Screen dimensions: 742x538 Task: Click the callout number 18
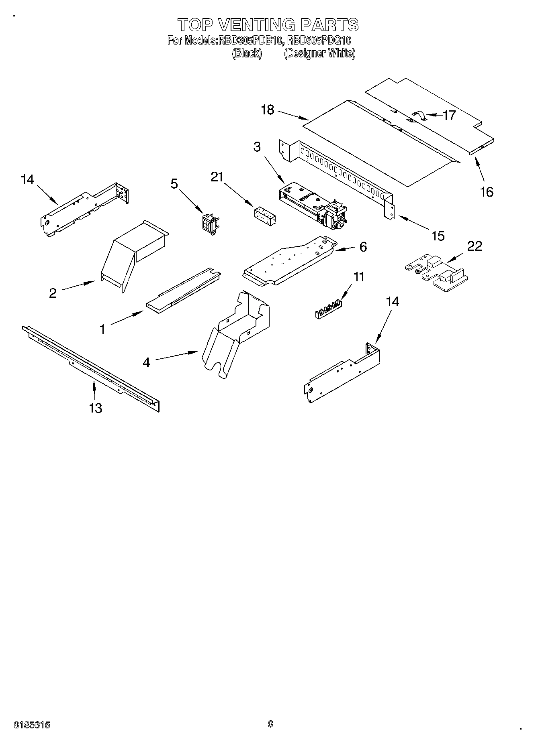point(267,110)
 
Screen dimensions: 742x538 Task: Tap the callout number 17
point(449,115)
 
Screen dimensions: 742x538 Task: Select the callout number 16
point(487,192)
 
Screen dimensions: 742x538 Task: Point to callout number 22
point(475,246)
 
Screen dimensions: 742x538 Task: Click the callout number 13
point(96,408)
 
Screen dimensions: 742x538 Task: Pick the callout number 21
point(217,177)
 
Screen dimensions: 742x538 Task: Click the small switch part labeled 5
point(210,223)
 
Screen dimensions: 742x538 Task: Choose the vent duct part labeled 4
point(237,329)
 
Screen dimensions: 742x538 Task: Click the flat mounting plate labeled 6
point(289,261)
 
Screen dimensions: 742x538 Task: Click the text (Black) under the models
point(247,53)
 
